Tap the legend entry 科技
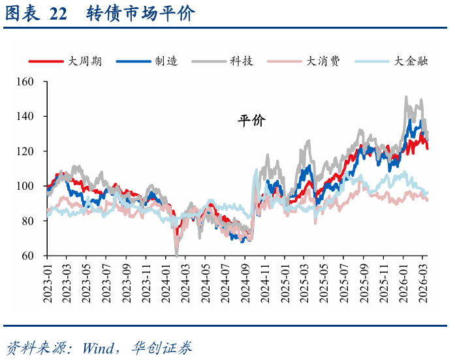(x=241, y=61)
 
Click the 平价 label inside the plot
(x=251, y=121)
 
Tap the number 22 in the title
(x=58, y=14)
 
